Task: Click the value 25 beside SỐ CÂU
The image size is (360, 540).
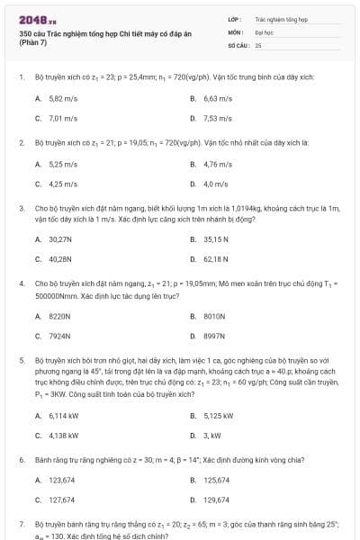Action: [x=258, y=44]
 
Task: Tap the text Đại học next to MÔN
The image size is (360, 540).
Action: [x=263, y=31]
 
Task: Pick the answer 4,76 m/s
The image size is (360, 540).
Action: [x=218, y=164]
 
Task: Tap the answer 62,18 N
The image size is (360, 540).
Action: [x=217, y=259]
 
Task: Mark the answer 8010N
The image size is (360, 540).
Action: [x=214, y=316]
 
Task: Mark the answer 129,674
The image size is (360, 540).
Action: [x=217, y=499]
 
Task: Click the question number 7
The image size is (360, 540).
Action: [x=21, y=523]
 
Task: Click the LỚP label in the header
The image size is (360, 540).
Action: [x=234, y=18]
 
